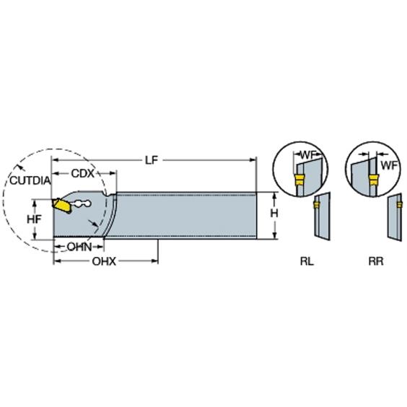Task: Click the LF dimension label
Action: tap(152, 160)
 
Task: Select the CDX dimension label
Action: tap(83, 173)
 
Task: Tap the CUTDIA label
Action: tap(30, 180)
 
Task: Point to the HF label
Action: tap(34, 219)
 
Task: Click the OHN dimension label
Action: tap(79, 247)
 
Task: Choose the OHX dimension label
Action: tap(104, 261)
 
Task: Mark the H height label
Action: tap(274, 213)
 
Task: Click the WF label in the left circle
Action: tap(309, 155)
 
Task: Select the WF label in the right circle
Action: tap(389, 165)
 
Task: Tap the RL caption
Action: tap(307, 261)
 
